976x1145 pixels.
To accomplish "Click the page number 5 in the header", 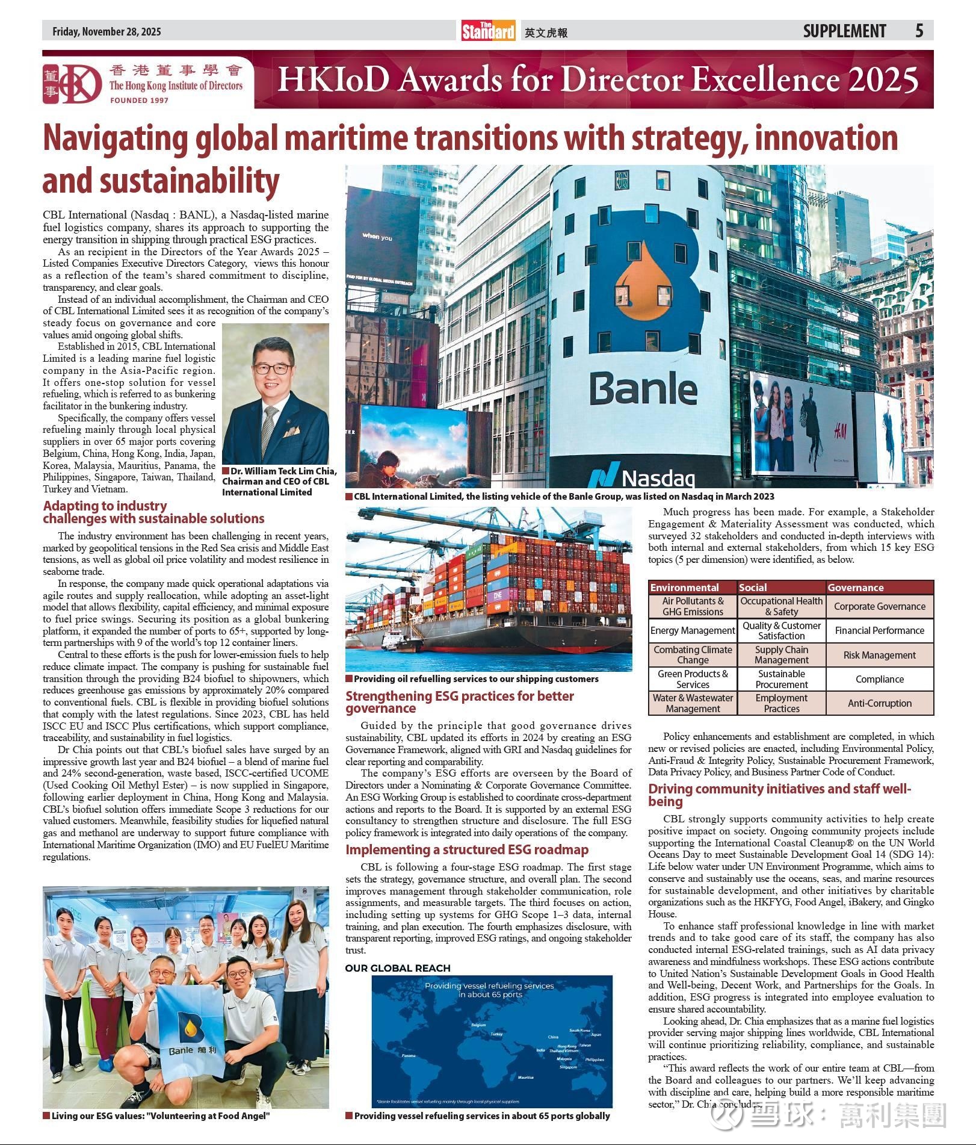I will [919, 31].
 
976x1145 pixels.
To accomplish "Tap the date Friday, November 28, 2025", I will [107, 32].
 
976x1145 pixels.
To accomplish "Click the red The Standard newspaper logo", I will [488, 31].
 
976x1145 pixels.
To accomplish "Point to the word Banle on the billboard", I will [643, 389].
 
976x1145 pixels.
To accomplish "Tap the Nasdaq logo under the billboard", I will [641, 477].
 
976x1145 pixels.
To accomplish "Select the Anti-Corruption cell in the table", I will [879, 703].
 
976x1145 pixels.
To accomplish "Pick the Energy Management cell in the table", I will [693, 630].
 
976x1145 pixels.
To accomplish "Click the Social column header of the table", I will [753, 587].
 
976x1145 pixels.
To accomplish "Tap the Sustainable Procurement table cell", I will [781, 679].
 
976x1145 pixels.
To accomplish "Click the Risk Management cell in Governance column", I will [879, 655].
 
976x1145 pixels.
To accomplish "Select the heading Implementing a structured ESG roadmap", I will [466, 849].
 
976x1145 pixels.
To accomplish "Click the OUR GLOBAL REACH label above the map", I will [398, 968].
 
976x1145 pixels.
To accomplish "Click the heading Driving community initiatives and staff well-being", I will [779, 795].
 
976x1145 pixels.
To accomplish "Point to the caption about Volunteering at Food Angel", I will [160, 1116].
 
